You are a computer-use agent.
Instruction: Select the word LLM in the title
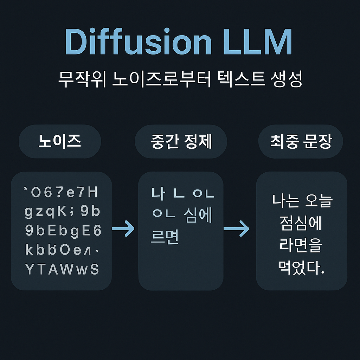point(258,42)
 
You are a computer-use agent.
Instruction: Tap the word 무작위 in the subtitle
point(79,80)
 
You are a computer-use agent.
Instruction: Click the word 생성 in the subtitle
point(287,80)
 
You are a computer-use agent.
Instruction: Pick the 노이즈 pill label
point(60,141)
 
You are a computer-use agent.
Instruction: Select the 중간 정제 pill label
point(181,141)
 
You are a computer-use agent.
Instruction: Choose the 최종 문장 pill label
point(301,141)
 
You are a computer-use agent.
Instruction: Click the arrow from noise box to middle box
point(123,229)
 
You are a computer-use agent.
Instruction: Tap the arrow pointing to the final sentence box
point(236,229)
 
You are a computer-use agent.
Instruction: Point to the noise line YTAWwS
point(62,269)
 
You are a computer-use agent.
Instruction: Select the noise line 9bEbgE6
point(63,231)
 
